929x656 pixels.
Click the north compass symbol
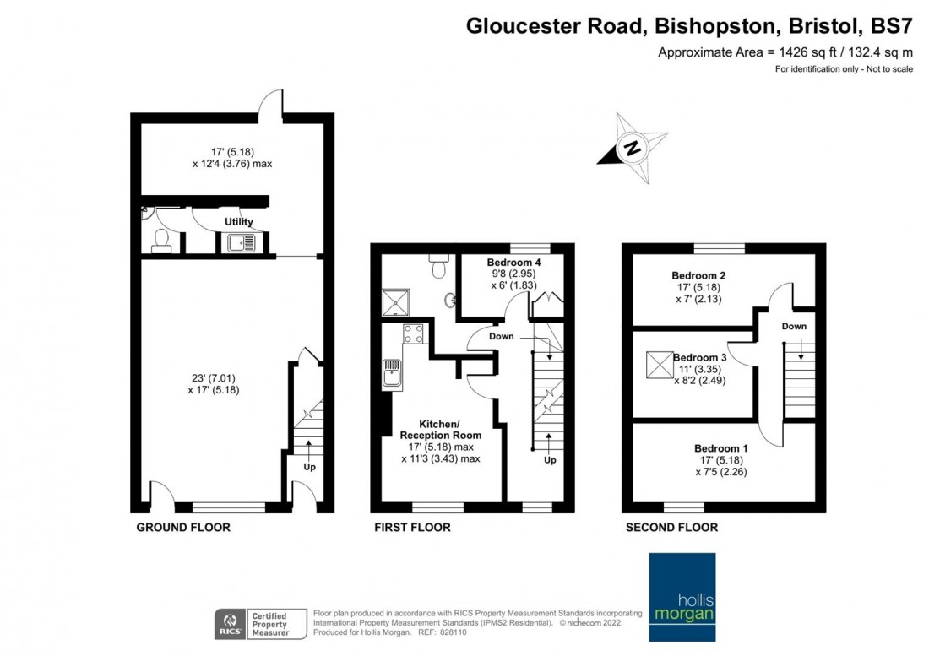pos(632,149)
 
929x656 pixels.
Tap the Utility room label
pos(239,221)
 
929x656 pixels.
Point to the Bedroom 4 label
pos(513,263)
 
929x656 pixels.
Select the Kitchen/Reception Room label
pos(440,429)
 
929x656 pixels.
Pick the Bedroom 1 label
pos(720,447)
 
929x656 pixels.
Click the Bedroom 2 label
pos(698,275)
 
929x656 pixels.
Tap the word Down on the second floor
pos(794,326)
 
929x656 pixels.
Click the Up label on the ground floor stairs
pos(309,466)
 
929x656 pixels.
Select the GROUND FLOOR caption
pos(183,528)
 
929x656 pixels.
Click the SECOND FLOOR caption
pos(671,528)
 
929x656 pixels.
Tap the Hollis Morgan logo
pos(682,598)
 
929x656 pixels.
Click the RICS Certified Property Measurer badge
pos(253,623)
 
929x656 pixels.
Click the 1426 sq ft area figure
pos(806,52)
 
